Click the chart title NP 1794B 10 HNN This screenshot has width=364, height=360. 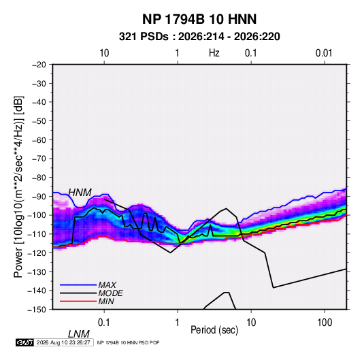tap(199, 19)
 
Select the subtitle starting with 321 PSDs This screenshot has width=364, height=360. tap(199, 37)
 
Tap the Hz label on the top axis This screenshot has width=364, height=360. tap(214, 53)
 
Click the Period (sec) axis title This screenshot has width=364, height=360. tap(214, 329)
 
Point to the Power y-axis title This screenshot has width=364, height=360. tap(18, 186)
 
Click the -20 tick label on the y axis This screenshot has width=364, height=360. tap(39, 65)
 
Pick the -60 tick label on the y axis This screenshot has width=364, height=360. tap(39, 140)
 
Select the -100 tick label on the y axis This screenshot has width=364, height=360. tap(37, 215)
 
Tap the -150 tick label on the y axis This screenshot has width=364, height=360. tap(37, 310)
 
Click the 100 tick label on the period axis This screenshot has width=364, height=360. tap(325, 323)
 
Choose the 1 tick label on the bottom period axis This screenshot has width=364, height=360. tap(178, 323)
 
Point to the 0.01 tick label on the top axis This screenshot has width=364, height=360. tap(324, 53)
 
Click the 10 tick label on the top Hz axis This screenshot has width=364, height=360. tap(104, 53)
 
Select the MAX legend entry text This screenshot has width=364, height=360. tap(107, 284)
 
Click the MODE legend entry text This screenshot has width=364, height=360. tap(110, 293)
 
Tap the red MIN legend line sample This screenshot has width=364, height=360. tap(78, 301)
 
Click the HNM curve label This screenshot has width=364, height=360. tap(80, 193)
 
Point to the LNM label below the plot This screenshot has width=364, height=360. tap(79, 334)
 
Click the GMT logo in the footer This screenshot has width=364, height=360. tap(25, 342)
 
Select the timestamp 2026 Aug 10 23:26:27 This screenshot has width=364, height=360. tap(63, 342)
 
